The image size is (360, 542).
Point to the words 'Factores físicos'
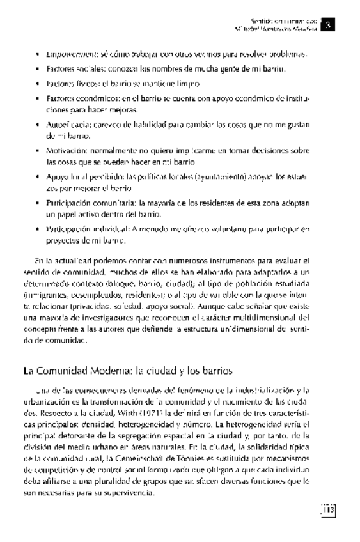(x=68, y=84)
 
